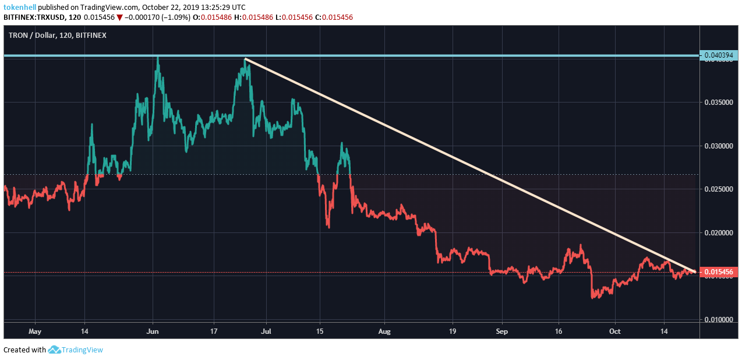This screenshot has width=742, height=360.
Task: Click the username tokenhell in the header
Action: pos(20,7)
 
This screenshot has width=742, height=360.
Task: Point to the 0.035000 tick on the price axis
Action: pos(718,102)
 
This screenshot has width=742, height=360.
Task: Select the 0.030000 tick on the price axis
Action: pos(718,146)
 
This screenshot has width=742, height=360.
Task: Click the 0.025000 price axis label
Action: pos(718,189)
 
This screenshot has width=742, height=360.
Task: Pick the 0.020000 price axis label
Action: pos(718,233)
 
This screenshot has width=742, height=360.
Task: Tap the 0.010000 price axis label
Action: pos(718,320)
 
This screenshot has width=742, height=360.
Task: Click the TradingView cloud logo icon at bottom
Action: pos(54,350)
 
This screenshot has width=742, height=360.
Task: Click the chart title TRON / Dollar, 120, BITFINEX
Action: pos(57,36)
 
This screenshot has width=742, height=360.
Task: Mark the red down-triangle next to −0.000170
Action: pos(119,17)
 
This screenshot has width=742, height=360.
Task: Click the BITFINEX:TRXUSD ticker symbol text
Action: pos(33,17)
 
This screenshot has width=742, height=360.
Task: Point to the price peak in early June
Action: pos(157,58)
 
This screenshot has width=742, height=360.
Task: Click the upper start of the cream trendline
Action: pos(246,59)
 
